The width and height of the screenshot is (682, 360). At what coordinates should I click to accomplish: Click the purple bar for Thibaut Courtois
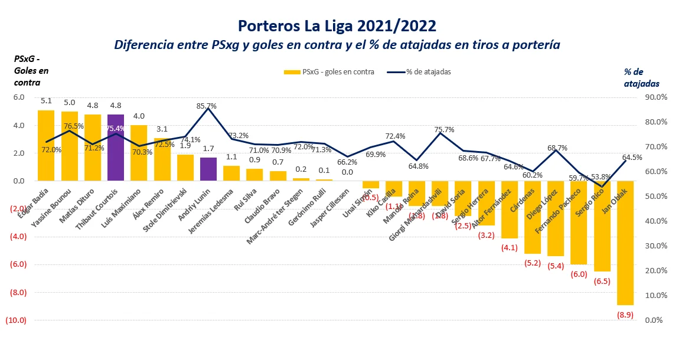pos(116,148)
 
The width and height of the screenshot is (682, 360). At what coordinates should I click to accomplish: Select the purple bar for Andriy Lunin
pos(208,169)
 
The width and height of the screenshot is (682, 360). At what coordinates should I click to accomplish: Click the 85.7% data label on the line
pos(207,106)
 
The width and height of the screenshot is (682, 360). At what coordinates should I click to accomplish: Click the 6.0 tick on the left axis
pos(19,97)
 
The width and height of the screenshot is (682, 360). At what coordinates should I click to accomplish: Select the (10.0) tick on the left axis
pos(15,320)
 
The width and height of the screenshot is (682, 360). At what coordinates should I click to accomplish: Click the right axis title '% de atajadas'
pos(642,77)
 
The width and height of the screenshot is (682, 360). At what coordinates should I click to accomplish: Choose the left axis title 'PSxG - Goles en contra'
pos(31,70)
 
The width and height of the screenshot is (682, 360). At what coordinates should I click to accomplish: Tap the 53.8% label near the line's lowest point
pos(601,176)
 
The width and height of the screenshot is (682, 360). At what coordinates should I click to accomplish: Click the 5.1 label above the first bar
pos(46,100)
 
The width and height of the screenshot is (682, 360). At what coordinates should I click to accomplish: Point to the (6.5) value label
pos(602,282)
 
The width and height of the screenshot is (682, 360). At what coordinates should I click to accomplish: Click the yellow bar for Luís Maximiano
pos(139,152)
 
